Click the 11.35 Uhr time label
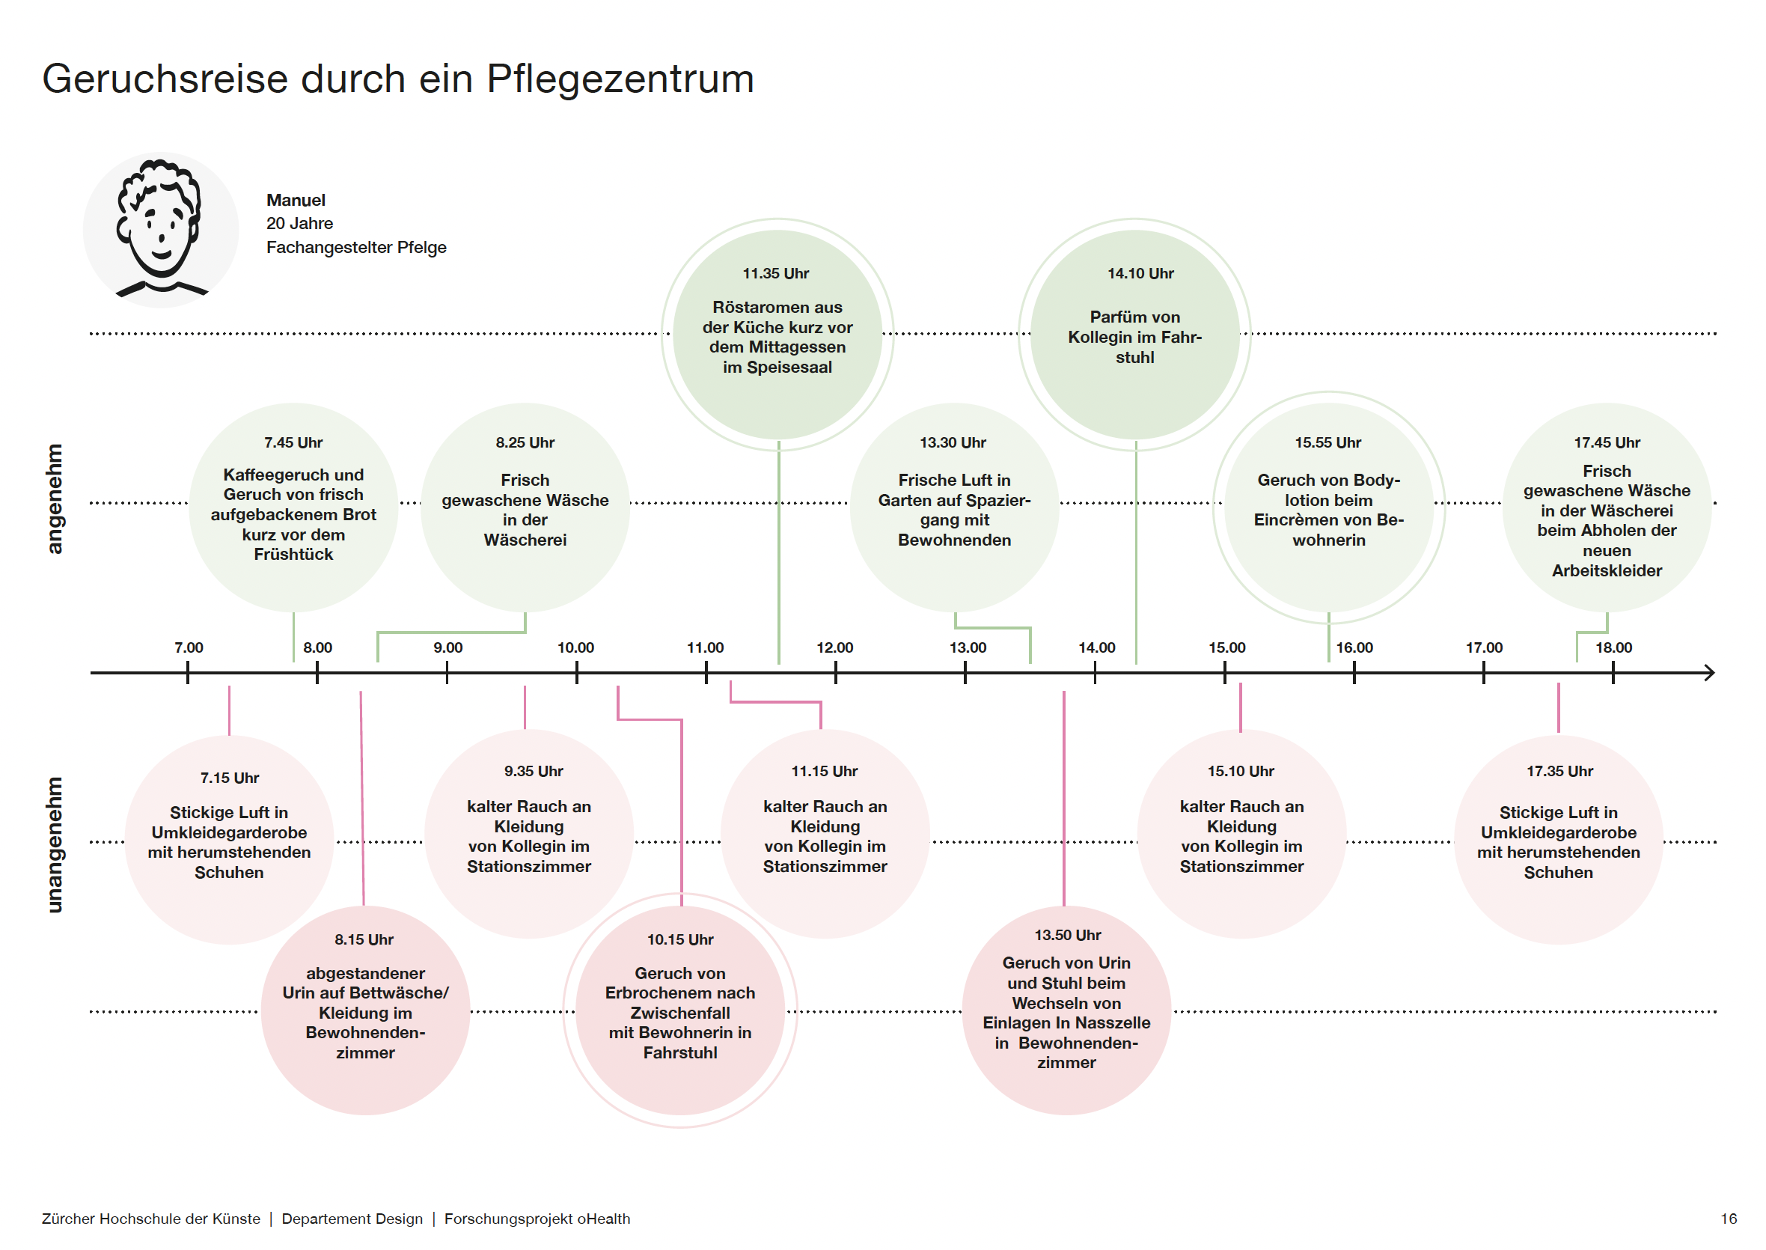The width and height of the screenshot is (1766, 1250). (x=775, y=273)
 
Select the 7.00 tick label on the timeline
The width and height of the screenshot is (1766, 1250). (x=189, y=647)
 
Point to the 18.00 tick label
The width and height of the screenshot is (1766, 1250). (x=1613, y=647)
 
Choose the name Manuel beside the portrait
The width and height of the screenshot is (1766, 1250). (x=296, y=200)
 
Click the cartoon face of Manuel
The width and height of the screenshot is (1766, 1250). (x=160, y=228)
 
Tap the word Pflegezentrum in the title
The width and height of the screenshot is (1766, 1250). (x=620, y=79)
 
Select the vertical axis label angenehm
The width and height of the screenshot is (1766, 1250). (x=54, y=499)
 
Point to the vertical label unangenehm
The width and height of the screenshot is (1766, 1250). (x=54, y=844)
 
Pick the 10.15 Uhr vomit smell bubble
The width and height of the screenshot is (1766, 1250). (x=680, y=1010)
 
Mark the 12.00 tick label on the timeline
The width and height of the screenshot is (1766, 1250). (x=834, y=647)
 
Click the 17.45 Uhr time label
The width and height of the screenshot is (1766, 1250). (x=1607, y=442)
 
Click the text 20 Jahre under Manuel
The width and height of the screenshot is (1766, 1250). (x=299, y=223)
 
